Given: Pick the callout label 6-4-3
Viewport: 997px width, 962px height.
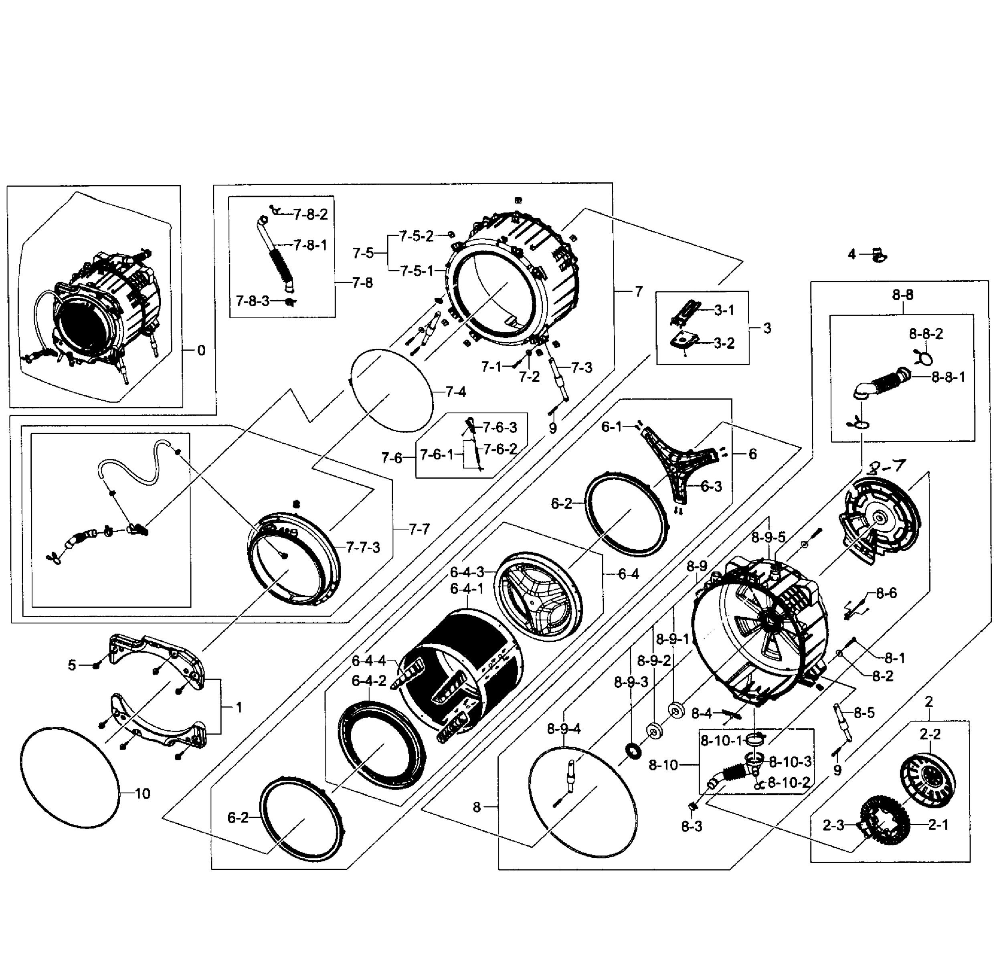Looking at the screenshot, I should pyautogui.click(x=467, y=572).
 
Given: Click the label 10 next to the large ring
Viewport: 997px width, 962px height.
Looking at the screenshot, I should pyautogui.click(x=142, y=793).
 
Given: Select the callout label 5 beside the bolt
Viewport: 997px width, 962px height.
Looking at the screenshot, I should pyautogui.click(x=72, y=665).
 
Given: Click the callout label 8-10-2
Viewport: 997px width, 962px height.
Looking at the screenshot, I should pyautogui.click(x=789, y=782).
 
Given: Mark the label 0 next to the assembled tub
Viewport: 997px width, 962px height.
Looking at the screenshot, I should pyautogui.click(x=201, y=350).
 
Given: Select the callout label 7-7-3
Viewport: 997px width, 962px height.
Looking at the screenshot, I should pyautogui.click(x=363, y=548).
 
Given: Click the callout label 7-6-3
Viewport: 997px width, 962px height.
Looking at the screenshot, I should pyautogui.click(x=500, y=427).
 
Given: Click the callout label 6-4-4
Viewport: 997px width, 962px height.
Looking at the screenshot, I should pyautogui.click(x=369, y=661).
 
